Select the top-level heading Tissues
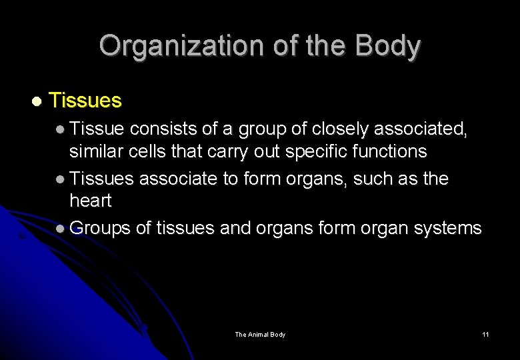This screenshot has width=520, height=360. pyautogui.click(x=85, y=101)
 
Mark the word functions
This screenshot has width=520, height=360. pyautogui.click(x=390, y=152)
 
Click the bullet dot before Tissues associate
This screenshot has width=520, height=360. pyautogui.click(x=61, y=179)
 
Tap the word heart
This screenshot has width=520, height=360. pyautogui.click(x=90, y=201)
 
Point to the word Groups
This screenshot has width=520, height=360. pyautogui.click(x=99, y=229)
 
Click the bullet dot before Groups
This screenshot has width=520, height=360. pyautogui.click(x=61, y=229)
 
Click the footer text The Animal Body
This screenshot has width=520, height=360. pyautogui.click(x=260, y=334)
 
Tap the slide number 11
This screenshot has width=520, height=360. pyautogui.click(x=485, y=334)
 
